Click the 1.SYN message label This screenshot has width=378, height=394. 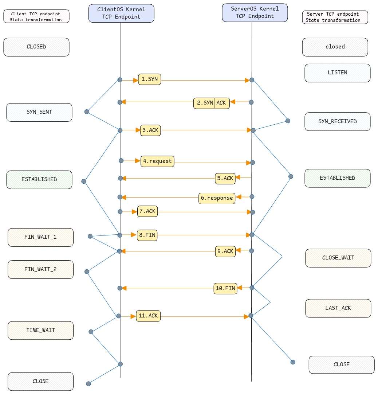coord(149,79)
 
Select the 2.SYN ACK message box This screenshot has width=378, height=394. coord(211,103)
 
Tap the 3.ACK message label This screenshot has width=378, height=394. coord(150,130)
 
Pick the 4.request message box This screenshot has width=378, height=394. coord(157,161)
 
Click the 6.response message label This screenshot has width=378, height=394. coord(217,198)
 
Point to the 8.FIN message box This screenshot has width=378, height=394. coord(147,235)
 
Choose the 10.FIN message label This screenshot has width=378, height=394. coord(225,288)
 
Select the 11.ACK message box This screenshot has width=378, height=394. coord(148,316)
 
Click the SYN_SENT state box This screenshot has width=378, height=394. coord(39,112)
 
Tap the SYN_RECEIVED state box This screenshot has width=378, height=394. coord(337,121)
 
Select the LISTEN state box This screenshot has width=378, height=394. coord(337,73)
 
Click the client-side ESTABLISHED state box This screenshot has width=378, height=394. coord(39,180)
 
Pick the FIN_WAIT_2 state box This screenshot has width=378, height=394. coord(40,270)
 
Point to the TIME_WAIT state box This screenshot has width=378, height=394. coord(40,331)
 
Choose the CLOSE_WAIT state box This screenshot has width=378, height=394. coord(338,258)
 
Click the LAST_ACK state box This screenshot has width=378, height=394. coord(338,308)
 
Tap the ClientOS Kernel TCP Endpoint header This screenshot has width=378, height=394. coord(121,13)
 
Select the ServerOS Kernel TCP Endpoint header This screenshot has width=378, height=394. coord(255,12)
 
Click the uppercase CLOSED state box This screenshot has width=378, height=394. coord(36,47)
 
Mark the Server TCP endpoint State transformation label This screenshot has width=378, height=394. coord(335,17)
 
